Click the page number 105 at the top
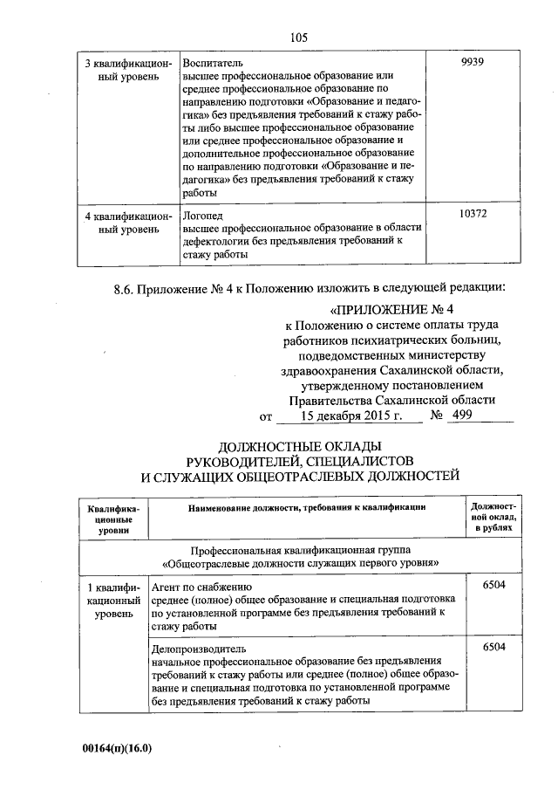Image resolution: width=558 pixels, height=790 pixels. pyautogui.click(x=299, y=37)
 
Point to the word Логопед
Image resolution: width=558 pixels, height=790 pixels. pyautogui.click(x=202, y=214)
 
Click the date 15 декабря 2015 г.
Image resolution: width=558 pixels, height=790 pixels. pyautogui.click(x=351, y=416)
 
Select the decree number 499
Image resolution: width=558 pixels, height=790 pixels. pyautogui.click(x=459, y=416)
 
